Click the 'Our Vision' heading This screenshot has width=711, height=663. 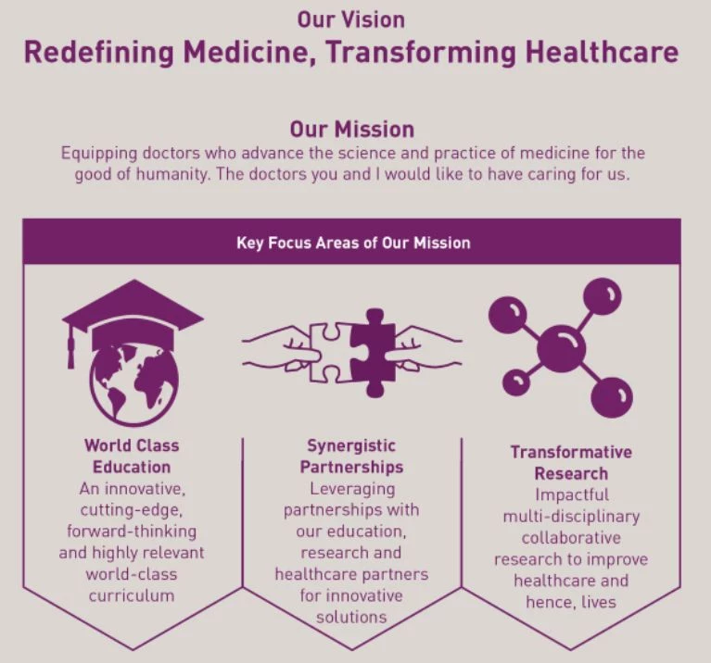[351, 20]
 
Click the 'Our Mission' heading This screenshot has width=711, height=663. [352, 129]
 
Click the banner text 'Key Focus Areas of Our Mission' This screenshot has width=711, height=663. [353, 244]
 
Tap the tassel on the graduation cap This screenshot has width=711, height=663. [70, 346]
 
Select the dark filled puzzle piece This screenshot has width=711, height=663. [373, 353]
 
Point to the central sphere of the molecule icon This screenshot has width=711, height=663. [561, 349]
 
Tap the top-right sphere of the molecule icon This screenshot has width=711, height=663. [603, 297]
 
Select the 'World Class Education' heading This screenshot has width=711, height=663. [132, 456]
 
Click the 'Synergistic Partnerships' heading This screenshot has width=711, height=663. [351, 456]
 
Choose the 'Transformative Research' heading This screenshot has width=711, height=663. [571, 462]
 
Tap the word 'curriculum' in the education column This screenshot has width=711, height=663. [132, 595]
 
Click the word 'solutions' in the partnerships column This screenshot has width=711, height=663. [351, 617]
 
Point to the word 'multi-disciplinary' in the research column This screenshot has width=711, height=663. [571, 517]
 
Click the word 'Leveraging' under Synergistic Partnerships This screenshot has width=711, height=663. [352, 490]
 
